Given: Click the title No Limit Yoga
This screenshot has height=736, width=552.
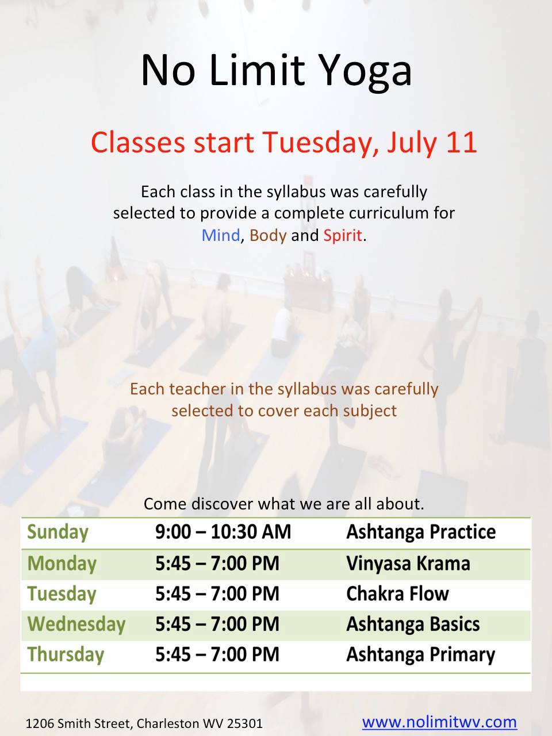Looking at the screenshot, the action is pyautogui.click(x=276, y=70).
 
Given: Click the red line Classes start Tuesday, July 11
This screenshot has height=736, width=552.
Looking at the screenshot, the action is pyautogui.click(x=283, y=143).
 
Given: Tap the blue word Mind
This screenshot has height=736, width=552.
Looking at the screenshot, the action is pyautogui.click(x=221, y=235).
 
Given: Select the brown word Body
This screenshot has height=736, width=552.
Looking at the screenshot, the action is pyautogui.click(x=268, y=236).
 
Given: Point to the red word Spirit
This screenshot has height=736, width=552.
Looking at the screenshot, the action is pyautogui.click(x=343, y=236).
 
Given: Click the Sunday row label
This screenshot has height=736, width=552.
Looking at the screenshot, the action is pyautogui.click(x=57, y=532).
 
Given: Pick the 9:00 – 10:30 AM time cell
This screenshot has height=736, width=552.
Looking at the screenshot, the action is pyautogui.click(x=223, y=532).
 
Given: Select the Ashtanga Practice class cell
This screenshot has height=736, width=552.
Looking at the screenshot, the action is pyautogui.click(x=421, y=532).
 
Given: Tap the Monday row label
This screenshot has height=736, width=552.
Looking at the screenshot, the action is pyautogui.click(x=62, y=563).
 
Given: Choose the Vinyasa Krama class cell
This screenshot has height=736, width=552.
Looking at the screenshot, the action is pyautogui.click(x=408, y=563).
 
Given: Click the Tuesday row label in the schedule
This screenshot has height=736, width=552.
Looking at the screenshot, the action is pyautogui.click(x=62, y=593).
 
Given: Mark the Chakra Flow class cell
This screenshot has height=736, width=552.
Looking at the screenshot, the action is pyautogui.click(x=397, y=593).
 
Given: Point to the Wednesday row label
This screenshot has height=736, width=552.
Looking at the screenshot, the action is pyautogui.click(x=76, y=624).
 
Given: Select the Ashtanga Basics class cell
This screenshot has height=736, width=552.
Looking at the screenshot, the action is pyautogui.click(x=413, y=624).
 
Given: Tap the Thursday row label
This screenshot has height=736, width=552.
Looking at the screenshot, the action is pyautogui.click(x=66, y=654).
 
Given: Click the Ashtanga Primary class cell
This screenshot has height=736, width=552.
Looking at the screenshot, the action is pyautogui.click(x=421, y=654).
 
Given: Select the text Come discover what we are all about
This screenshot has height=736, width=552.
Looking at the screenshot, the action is pyautogui.click(x=284, y=504).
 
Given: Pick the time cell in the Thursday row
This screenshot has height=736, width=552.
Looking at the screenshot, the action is pyautogui.click(x=217, y=654).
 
